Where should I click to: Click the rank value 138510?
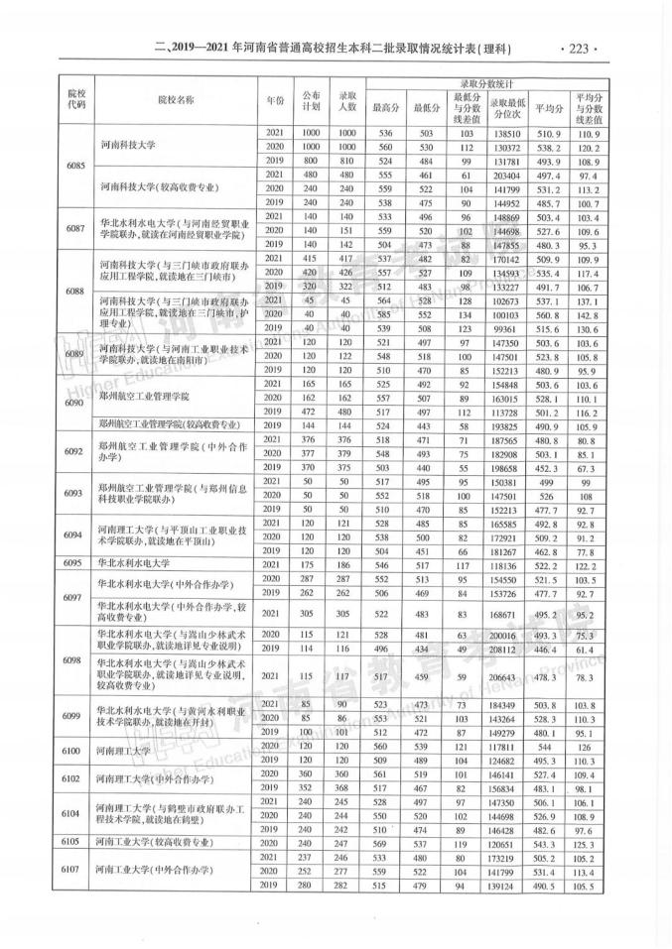506,133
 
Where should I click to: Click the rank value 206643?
506,679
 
